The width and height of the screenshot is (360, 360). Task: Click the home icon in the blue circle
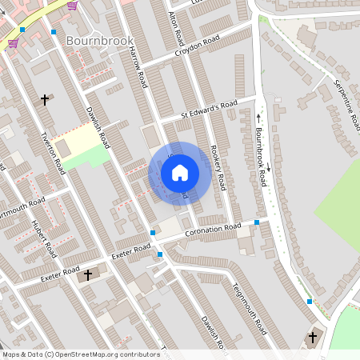coord(180,172)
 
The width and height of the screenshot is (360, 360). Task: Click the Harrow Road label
coord(138,66)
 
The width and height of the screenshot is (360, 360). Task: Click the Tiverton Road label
coord(53,153)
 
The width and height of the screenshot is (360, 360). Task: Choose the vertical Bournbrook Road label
coord(260,156)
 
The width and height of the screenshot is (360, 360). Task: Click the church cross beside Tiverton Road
coord(45,100)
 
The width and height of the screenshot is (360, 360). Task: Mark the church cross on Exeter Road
coord(87,274)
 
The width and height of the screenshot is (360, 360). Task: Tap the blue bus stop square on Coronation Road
coord(256,222)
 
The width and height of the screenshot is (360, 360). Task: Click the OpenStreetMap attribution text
coord(80,354)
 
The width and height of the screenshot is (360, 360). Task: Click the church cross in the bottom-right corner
coord(313,338)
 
